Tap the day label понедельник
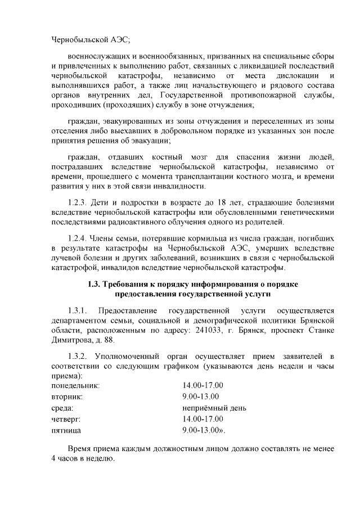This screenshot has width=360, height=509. click(x=75, y=386)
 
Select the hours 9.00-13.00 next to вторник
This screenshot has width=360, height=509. click(x=201, y=397)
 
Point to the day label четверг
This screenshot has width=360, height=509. click(x=66, y=419)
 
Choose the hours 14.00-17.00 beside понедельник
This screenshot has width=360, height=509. click(x=203, y=386)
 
